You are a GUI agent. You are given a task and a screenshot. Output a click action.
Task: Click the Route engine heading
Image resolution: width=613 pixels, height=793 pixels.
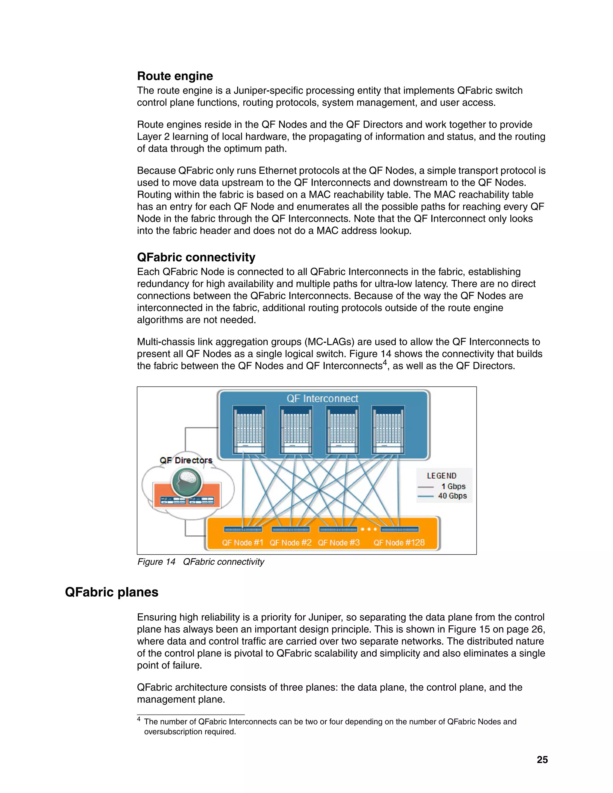point(175,76)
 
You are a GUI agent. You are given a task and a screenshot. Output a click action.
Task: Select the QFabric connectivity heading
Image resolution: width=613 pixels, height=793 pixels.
point(196,257)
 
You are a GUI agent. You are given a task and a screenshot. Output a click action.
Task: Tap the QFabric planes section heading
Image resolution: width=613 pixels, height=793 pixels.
point(111,592)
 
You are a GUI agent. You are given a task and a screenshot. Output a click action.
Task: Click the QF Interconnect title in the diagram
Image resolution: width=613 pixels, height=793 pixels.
point(322,398)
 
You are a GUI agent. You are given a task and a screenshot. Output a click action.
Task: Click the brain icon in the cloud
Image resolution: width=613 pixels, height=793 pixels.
point(187,481)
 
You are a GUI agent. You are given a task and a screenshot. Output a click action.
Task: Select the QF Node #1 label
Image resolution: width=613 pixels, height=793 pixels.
point(242,543)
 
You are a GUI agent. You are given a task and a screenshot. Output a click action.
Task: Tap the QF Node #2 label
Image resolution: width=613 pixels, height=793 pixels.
point(291,543)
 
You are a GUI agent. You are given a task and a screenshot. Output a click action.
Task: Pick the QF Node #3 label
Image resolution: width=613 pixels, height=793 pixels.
point(339,543)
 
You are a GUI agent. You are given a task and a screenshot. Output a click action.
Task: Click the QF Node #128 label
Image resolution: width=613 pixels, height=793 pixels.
point(399,543)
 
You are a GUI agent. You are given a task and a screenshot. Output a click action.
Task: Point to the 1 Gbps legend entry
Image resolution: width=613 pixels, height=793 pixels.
point(453,487)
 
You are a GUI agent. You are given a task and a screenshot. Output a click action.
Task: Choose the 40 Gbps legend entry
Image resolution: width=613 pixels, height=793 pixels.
point(452,496)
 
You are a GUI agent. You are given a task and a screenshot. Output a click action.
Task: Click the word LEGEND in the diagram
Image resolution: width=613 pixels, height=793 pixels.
point(441,476)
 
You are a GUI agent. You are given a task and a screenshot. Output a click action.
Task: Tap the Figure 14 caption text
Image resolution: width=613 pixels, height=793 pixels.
point(201,562)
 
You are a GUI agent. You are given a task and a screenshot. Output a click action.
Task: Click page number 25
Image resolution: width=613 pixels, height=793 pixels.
point(542,759)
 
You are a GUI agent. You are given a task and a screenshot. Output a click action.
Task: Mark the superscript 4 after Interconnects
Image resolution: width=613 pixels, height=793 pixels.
point(385,362)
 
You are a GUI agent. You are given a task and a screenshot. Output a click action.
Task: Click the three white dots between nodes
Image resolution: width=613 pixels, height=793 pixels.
point(369,529)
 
